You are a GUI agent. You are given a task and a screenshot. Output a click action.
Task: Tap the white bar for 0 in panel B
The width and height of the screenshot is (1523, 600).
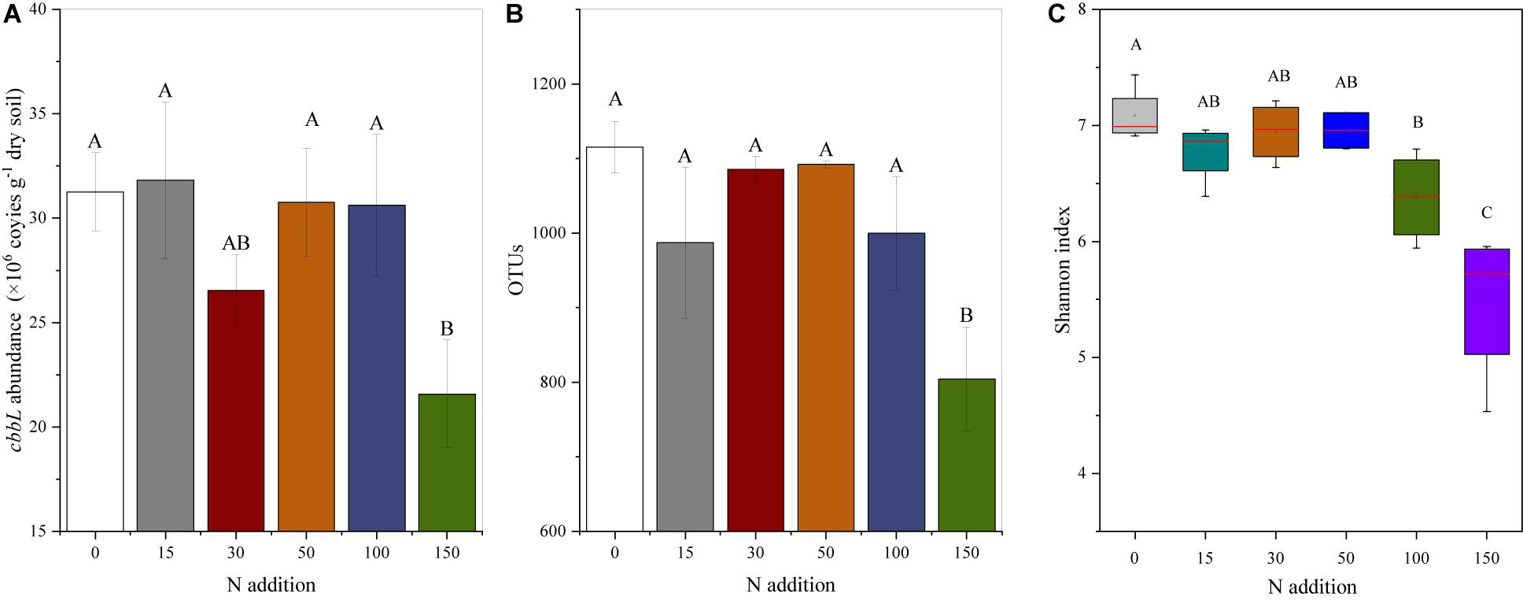[x=614, y=339]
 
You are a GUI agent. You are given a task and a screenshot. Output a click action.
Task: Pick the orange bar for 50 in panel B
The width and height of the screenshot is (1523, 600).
[x=825, y=347]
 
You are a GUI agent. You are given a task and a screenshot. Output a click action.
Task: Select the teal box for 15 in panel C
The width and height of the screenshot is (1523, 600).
[x=1205, y=152]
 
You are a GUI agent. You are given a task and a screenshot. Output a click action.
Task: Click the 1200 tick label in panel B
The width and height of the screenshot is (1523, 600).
[x=552, y=84]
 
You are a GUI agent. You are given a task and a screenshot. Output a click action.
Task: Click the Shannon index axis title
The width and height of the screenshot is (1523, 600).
[x=1063, y=270]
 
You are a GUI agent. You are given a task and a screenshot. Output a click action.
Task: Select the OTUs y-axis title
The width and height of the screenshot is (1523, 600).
[x=516, y=270]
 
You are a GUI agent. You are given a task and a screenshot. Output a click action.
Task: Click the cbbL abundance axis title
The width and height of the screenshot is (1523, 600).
[x=16, y=270]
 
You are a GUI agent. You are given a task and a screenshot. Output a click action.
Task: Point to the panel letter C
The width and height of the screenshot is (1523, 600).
[x=1059, y=13]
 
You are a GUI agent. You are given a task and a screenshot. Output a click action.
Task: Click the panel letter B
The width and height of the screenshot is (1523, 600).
[x=514, y=13]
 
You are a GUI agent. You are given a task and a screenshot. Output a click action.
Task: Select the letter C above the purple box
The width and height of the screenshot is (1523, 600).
[x=1486, y=213]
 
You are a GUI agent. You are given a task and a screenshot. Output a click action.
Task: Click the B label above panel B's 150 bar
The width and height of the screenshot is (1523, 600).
[x=966, y=316]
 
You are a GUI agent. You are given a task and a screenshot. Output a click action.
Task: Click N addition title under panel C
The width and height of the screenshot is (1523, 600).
[x=1311, y=587]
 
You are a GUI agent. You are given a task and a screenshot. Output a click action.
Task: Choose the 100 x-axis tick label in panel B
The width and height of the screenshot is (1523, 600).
[x=896, y=553]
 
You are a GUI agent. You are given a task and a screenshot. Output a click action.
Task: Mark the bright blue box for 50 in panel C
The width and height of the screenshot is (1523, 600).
[x=1346, y=130]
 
